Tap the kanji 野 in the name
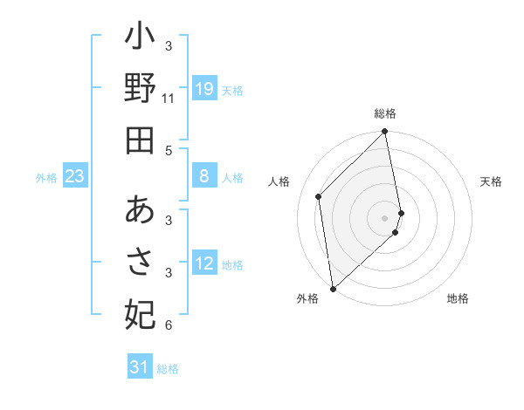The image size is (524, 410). [140, 90]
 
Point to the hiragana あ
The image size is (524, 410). [140, 211]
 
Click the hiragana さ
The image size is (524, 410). [140, 262]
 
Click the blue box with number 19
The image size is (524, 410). [203, 89]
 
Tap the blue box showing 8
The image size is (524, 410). [203, 177]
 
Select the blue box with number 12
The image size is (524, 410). [203, 264]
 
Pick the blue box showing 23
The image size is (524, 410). [75, 177]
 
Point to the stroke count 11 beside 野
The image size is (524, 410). [169, 99]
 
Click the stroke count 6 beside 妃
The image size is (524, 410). [169, 325]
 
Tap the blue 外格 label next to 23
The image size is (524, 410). [46, 178]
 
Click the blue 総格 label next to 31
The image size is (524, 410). [168, 369]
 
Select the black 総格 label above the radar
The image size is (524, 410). [385, 113]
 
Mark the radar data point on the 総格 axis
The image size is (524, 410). [385, 133]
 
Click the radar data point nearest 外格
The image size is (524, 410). [333, 288]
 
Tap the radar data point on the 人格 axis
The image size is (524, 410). [319, 196]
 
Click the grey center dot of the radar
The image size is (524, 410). [385, 218]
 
